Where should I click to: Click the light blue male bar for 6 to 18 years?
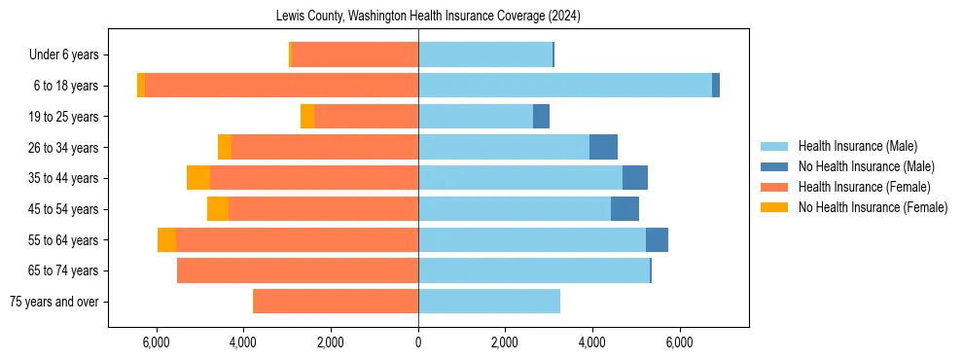click(x=564, y=86)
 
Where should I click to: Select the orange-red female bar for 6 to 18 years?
click(x=282, y=86)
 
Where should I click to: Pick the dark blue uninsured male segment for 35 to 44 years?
click(x=635, y=178)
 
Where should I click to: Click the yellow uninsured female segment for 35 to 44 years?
click(x=198, y=178)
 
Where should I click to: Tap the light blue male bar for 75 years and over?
click(x=489, y=302)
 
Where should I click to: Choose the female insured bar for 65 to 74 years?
click(x=298, y=270)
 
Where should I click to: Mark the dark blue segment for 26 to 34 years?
click(x=603, y=147)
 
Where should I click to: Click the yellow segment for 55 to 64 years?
click(x=166, y=239)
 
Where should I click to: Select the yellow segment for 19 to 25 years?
click(x=307, y=117)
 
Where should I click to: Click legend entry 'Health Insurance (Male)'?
click(x=857, y=146)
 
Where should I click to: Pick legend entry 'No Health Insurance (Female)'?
click(x=873, y=207)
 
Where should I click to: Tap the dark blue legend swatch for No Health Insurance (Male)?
click(x=774, y=166)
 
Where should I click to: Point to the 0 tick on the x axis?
click(x=418, y=342)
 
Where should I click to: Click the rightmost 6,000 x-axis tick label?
click(x=679, y=342)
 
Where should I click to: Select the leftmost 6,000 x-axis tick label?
click(x=157, y=342)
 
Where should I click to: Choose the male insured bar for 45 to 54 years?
click(x=515, y=209)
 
